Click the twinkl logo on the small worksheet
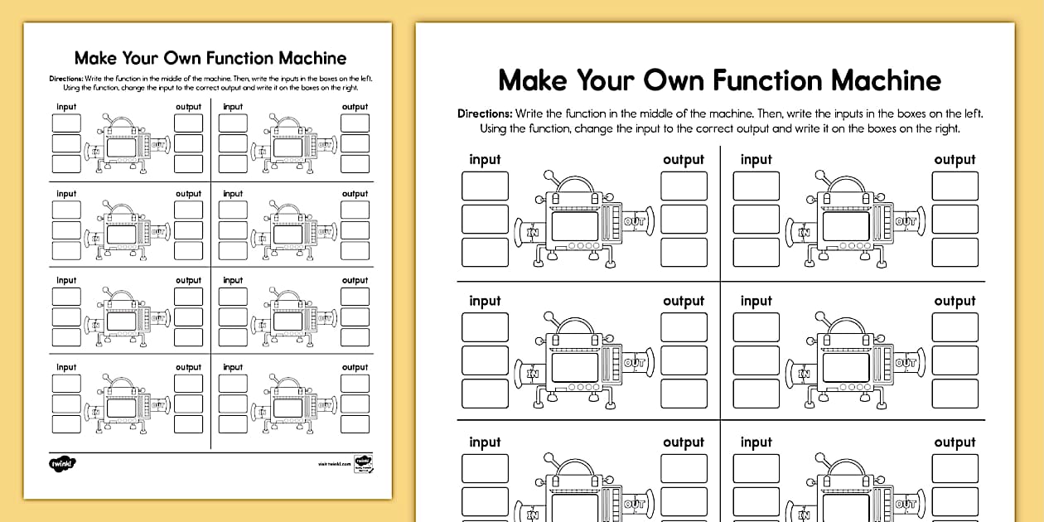tap(62, 462)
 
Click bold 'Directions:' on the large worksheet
tap(485, 114)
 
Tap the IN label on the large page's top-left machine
tap(533, 233)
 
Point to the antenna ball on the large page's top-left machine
tap(547, 176)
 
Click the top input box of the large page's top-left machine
tap(485, 186)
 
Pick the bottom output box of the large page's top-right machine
tap(955, 253)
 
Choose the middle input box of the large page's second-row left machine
tap(485, 360)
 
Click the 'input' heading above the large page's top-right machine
tap(756, 159)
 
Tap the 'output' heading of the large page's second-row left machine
tap(684, 301)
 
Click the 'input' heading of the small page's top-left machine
tap(66, 107)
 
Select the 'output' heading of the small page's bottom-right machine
tap(355, 367)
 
